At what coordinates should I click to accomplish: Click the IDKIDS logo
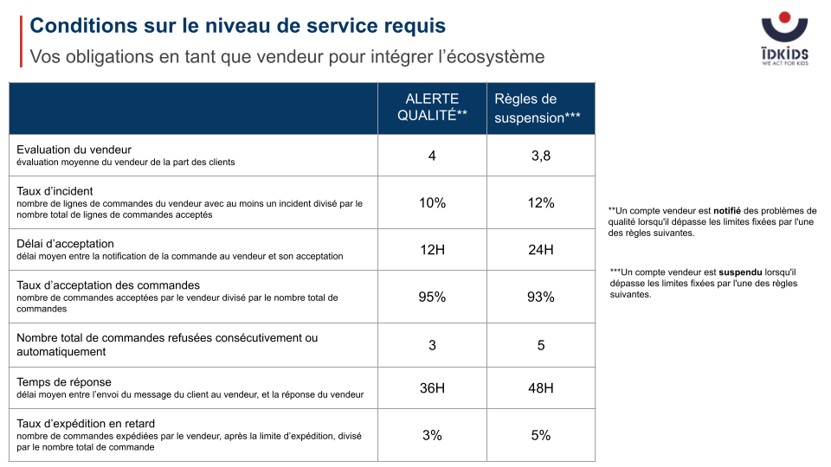pos(784,39)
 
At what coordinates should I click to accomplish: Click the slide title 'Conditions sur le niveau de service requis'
pos(237,25)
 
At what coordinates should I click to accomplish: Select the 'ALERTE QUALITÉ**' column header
pos(432,107)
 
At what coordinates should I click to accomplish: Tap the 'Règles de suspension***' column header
pos(537,108)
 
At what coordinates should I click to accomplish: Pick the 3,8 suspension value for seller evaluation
pos(540,156)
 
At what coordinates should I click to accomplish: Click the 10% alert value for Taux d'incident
pos(432,202)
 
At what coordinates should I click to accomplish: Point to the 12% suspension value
pos(540,202)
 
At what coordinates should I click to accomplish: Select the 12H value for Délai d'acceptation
pos(432,249)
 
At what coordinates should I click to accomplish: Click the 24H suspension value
pos(540,249)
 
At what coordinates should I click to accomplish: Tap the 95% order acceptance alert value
pos(432,297)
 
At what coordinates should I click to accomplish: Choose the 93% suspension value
pos(540,297)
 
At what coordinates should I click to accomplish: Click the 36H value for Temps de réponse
pos(432,388)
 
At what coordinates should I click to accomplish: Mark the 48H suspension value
pos(540,388)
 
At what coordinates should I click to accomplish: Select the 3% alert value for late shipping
pos(432,435)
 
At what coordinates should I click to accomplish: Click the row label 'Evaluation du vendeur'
pos(74,150)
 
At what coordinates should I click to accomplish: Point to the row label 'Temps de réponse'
pos(64,382)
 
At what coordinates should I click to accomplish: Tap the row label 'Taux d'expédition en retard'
pos(86,424)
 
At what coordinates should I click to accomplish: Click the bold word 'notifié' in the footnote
pos(727,211)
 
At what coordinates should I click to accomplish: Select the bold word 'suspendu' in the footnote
pos(740,272)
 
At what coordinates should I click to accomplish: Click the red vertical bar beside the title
pos(21,42)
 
